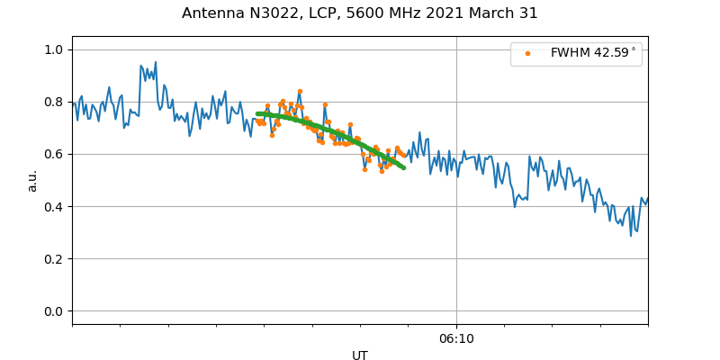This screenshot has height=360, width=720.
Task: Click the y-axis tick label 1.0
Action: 53,49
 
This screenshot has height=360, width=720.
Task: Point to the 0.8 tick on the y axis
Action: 53,102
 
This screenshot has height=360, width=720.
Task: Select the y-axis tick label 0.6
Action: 53,154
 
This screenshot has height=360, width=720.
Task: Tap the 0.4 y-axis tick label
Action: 53,207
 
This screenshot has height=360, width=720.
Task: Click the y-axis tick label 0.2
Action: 53,259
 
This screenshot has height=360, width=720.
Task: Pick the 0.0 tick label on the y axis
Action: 53,311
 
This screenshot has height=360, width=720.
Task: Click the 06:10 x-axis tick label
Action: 456,338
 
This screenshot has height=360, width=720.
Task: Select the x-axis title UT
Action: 360,355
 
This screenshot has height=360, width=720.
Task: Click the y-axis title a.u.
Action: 32,180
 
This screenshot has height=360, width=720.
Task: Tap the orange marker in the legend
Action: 528,53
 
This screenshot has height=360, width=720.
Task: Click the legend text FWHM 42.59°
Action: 593,53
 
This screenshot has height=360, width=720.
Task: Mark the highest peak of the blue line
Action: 156,62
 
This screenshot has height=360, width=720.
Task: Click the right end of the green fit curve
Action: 403,167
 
